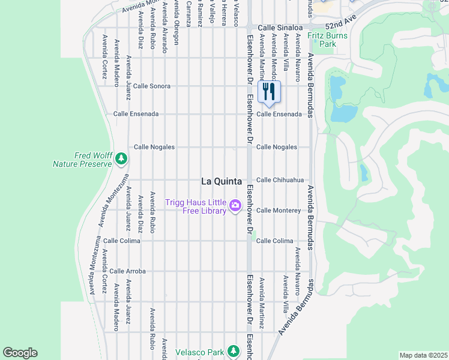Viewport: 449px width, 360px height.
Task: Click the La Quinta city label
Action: (221, 181)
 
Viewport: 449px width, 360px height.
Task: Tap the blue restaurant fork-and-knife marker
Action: (269, 92)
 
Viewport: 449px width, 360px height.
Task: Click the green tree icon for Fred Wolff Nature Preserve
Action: (122, 158)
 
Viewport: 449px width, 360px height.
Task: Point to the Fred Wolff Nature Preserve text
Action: (83, 159)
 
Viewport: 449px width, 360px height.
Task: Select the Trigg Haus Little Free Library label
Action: (196, 207)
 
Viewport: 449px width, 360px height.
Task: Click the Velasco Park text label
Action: (199, 352)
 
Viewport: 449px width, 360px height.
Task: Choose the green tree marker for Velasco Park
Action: (234, 352)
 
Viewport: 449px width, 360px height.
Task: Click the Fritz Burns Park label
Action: (321, 40)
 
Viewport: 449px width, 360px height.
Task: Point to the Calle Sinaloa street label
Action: (282, 28)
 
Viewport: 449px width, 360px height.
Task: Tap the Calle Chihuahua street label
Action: (280, 180)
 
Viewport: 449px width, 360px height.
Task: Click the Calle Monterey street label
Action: (278, 211)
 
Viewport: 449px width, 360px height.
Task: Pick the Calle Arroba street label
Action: (127, 271)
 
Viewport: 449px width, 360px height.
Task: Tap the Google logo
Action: (20, 353)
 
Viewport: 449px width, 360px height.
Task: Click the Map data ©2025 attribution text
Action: (423, 355)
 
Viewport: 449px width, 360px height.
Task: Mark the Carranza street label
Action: (188, 13)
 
